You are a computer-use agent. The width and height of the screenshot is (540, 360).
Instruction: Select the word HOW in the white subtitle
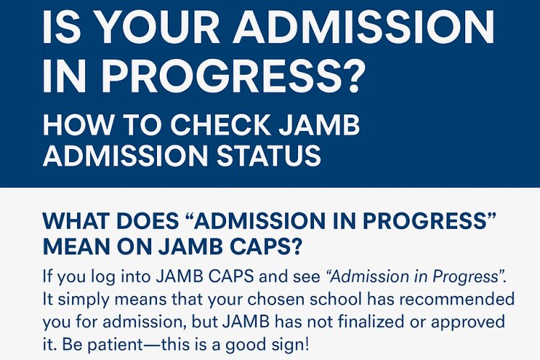click(71, 127)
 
